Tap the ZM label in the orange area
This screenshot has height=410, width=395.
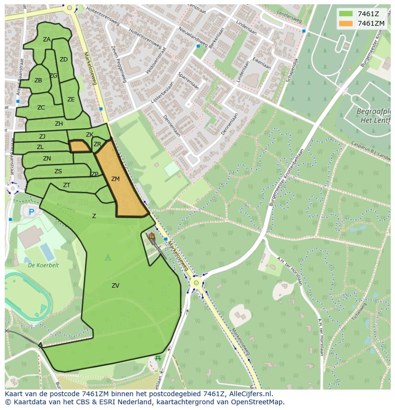coord(115,179)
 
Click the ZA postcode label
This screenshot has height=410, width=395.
coord(47,40)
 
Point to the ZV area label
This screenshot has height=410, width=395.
coord(115,286)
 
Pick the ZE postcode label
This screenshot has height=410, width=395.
coord(71,100)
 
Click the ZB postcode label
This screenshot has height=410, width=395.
coord(38,80)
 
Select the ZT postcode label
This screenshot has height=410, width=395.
coord(67,185)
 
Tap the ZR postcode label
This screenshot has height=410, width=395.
coord(97,144)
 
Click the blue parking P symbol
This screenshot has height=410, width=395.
coord(31,212)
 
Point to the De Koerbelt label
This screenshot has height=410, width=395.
coord(43,265)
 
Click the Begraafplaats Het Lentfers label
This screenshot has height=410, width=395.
coord(374,116)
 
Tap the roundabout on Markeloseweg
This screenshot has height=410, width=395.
coord(195,283)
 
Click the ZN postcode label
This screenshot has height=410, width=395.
coord(47,159)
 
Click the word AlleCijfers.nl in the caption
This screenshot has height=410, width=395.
coord(245,394)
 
